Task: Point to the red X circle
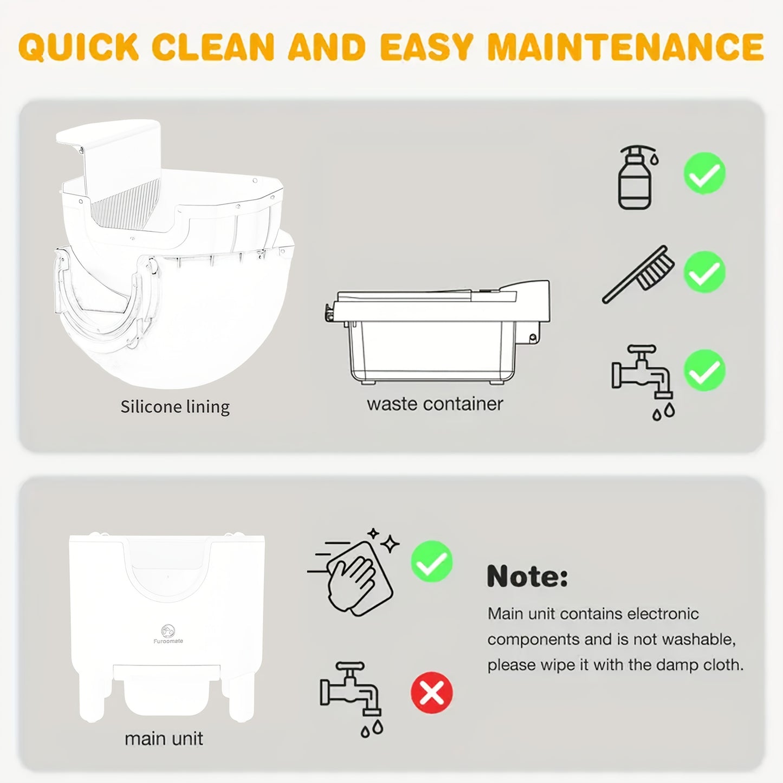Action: tap(431, 693)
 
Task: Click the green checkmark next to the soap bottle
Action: tap(704, 173)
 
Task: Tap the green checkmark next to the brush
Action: tap(704, 272)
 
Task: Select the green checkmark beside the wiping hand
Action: tap(431, 561)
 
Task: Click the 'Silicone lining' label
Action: tap(174, 406)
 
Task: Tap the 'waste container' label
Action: tap(435, 404)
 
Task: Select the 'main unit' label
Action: tap(164, 739)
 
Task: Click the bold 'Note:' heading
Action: tap(527, 576)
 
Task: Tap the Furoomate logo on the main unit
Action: tap(168, 633)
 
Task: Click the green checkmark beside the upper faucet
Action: tap(704, 371)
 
